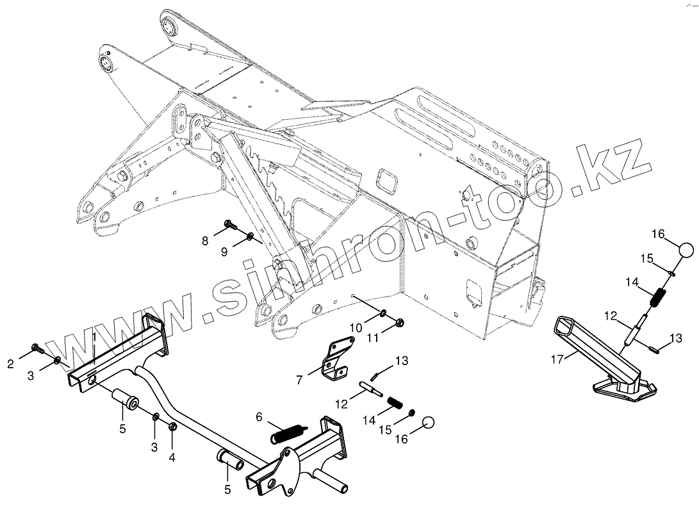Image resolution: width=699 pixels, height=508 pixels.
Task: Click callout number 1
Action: (94, 337)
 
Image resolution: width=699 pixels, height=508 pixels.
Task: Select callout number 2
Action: (11, 365)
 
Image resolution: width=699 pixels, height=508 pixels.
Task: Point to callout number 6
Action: (259, 416)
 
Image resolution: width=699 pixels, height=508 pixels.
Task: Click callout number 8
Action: (205, 241)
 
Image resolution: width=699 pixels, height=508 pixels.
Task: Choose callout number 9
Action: (224, 252)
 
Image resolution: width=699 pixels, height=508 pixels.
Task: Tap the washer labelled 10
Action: (382, 313)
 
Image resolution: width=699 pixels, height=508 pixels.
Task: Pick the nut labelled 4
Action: (172, 427)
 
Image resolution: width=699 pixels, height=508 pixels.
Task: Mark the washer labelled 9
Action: (251, 240)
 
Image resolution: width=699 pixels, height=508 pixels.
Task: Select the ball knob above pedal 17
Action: (685, 250)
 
